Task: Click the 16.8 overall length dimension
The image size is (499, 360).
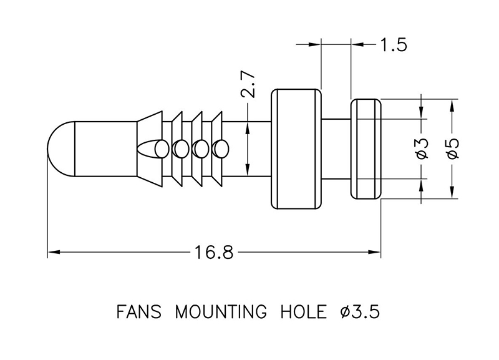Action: pos(213,253)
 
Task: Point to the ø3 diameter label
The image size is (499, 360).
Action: pos(422,148)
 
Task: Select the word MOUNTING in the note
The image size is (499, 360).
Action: pos(216,311)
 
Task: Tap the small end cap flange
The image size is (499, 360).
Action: pos(366,148)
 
